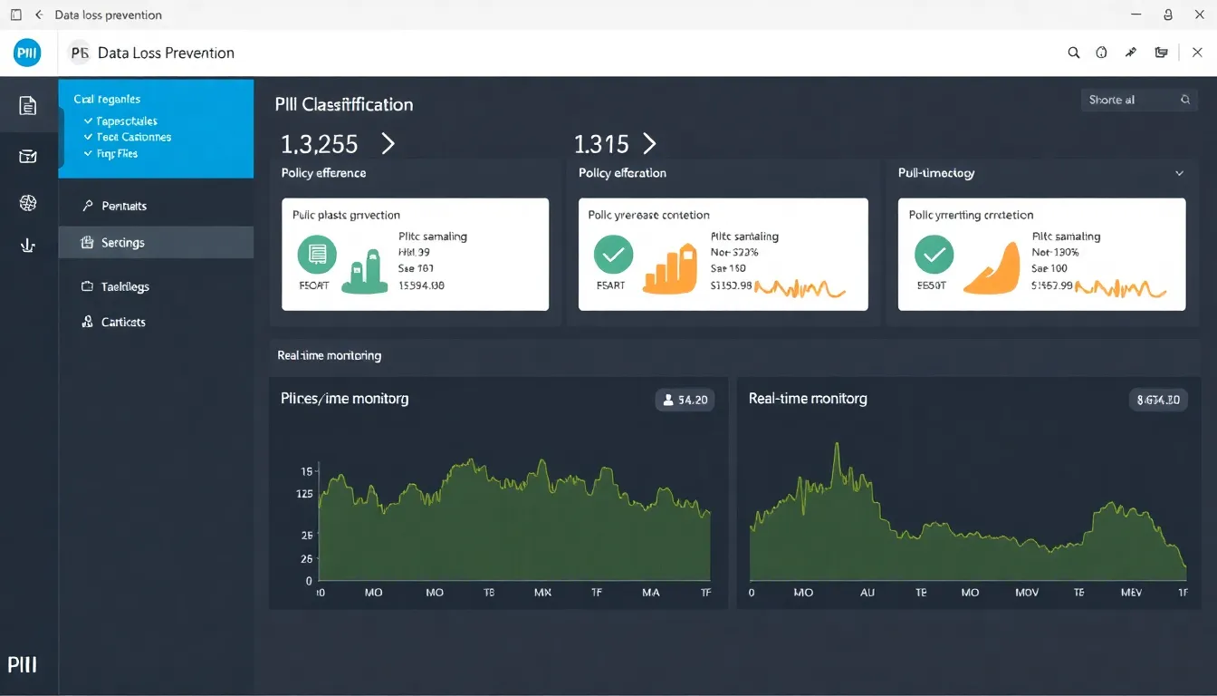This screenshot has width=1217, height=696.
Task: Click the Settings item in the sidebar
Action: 122,243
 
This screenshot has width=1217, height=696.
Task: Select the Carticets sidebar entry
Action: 122,322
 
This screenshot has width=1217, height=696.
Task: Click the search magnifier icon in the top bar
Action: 1074,53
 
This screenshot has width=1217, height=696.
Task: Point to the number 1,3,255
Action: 320,144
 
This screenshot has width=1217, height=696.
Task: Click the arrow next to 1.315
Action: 648,143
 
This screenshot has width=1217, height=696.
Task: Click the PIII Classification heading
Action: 344,104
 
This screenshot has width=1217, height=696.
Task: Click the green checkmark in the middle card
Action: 613,255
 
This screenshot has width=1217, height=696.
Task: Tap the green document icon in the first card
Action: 317,256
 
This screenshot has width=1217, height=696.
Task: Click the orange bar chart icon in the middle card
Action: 670,269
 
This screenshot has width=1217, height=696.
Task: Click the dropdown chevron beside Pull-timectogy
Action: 1179,173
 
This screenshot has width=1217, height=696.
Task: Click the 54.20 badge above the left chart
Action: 685,399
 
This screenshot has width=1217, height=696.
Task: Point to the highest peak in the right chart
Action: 837,445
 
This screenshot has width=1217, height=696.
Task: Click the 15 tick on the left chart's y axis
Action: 306,471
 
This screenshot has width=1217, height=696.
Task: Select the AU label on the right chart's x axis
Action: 867,592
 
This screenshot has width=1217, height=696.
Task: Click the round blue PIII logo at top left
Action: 28,53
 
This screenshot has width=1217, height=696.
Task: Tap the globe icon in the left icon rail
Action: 28,203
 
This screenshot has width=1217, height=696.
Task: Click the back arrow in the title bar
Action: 38,14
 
